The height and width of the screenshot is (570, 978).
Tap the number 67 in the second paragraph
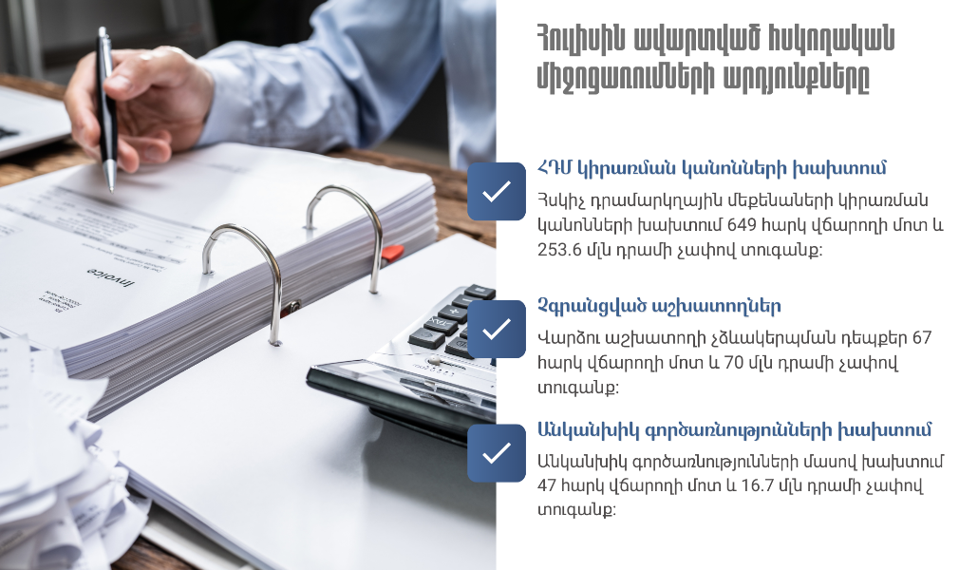pyautogui.click(x=921, y=337)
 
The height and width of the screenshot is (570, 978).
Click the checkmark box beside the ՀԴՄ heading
pyautogui.click(x=496, y=192)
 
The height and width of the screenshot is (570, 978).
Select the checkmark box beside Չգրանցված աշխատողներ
pyautogui.click(x=496, y=329)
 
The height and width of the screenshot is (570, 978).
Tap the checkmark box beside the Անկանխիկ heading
pyautogui.click(x=496, y=452)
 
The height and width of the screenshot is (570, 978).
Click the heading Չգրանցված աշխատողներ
pyautogui.click(x=659, y=306)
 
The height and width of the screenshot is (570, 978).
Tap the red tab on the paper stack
pyautogui.click(x=392, y=252)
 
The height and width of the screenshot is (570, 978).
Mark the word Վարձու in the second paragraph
pyautogui.click(x=567, y=337)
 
